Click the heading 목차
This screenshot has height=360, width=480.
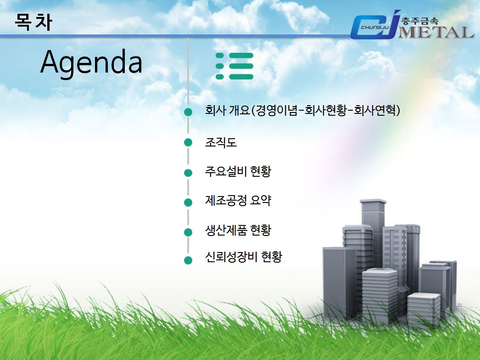(33, 22)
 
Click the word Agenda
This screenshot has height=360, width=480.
(91, 62)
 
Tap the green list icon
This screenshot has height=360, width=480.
(234, 66)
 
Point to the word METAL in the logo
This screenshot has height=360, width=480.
(436, 32)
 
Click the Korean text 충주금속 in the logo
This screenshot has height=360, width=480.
(420, 21)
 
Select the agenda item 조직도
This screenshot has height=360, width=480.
(221, 142)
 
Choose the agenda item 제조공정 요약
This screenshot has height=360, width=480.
(238, 201)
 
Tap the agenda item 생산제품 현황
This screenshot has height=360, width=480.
(238, 231)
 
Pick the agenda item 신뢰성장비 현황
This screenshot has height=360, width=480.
(243, 257)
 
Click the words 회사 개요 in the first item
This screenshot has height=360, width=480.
(228, 110)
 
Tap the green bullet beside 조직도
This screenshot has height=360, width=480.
(188, 142)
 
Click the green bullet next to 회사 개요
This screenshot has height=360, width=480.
(188, 112)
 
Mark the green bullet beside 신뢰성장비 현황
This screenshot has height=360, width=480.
(188, 260)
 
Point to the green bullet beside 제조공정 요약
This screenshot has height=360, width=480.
(188, 202)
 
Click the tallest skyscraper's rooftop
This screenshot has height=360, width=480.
(373, 202)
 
